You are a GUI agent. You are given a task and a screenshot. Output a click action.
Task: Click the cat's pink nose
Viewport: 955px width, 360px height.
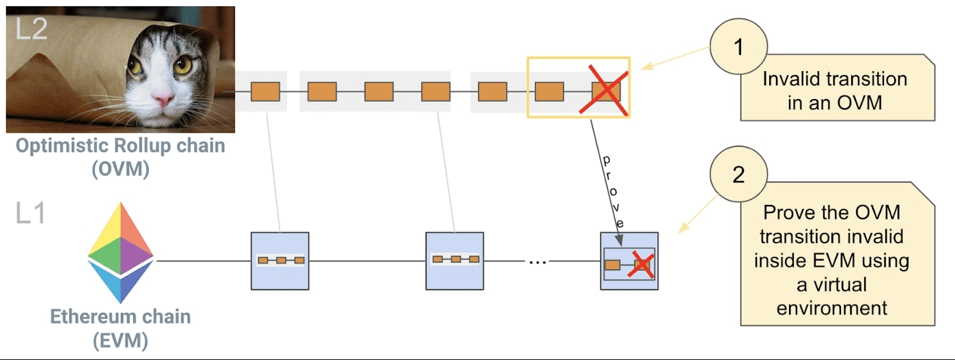(x=163, y=100)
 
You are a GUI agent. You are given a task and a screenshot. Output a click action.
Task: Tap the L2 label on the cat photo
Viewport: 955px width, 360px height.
(x=31, y=29)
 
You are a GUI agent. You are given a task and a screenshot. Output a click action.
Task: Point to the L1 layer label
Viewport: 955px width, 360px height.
(x=31, y=214)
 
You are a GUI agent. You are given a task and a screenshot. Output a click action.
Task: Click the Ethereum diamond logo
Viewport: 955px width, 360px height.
(x=121, y=252)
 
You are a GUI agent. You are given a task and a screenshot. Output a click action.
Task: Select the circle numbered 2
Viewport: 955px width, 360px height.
(x=738, y=176)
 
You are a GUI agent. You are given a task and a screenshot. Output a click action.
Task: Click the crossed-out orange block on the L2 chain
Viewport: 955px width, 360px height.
(x=606, y=92)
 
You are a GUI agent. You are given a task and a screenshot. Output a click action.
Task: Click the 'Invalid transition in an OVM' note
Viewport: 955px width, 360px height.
(x=834, y=89)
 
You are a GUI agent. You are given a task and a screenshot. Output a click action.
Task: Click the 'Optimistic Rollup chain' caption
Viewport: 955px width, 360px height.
(x=120, y=146)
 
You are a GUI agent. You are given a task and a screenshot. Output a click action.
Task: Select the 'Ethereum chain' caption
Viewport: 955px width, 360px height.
(x=120, y=317)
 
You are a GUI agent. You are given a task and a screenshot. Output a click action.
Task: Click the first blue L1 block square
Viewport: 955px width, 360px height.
(x=280, y=261)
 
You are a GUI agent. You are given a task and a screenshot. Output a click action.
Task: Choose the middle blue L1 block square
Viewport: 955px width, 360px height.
(x=454, y=261)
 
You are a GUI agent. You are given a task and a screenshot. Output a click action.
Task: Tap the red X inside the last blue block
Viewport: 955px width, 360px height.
(x=641, y=264)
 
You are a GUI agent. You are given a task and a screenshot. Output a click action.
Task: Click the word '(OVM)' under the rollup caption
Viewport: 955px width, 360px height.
(x=120, y=169)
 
